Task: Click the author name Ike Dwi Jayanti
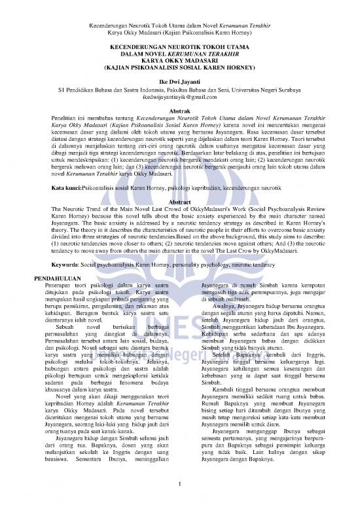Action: click(179, 79)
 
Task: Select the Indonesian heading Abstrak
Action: click(179, 111)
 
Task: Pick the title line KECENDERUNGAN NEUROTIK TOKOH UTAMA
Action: click(179, 43)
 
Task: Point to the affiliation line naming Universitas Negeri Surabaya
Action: click(179, 87)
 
